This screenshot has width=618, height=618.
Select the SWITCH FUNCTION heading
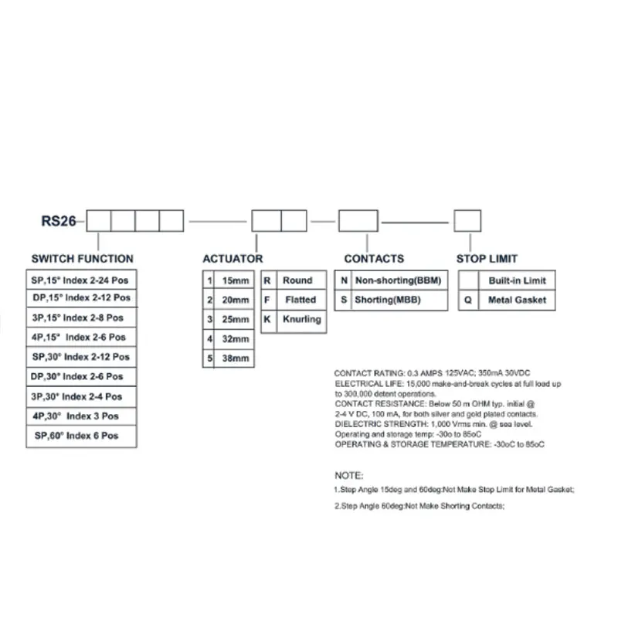coord(82,259)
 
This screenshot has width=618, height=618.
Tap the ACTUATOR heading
coord(233,259)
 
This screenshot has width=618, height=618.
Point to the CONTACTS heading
coord(374,259)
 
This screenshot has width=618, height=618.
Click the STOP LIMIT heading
coord(487,259)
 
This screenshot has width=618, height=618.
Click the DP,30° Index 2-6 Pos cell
coord(81,377)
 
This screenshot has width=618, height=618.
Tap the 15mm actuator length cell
coord(236,280)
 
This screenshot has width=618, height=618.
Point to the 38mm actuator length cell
coord(236,358)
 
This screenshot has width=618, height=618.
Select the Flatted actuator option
coord(300,299)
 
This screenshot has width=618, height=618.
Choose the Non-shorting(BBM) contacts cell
coord(396,280)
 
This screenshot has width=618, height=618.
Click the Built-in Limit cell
coord(517,280)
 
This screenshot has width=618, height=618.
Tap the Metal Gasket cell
coord(517,300)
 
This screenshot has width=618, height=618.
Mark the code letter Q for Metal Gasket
coord(467,300)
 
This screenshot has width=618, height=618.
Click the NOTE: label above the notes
coord(348,475)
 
